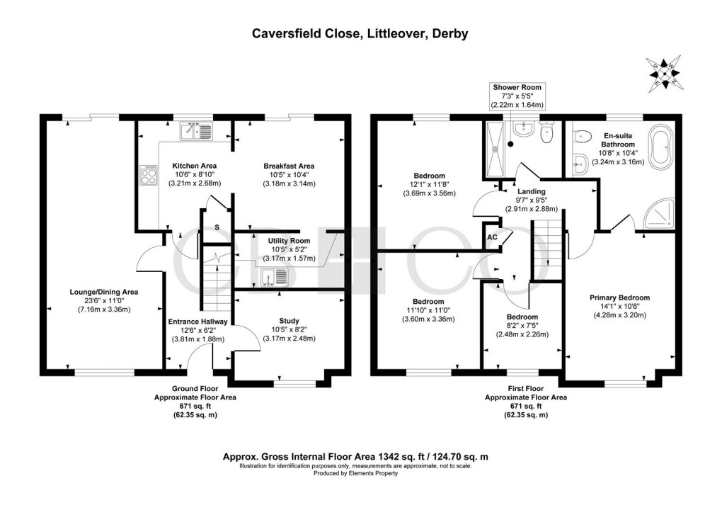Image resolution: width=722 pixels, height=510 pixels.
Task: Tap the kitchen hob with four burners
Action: pos(148,175)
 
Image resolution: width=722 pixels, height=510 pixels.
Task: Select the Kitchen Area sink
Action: pos(196,131)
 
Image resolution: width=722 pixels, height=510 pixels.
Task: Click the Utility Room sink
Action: pos(274,278)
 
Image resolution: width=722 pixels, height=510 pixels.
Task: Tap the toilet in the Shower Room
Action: pos(546,132)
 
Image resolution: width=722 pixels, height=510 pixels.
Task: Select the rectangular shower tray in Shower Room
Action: pos(495,149)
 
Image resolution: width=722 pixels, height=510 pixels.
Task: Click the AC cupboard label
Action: pos(492,237)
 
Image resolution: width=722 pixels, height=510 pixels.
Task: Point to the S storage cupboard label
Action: pos(217,227)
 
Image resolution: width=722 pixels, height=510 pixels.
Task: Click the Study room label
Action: pos(290,321)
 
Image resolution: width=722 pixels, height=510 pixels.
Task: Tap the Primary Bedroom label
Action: pos(620,297)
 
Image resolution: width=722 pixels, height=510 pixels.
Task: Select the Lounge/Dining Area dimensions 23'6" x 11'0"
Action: pos(104,300)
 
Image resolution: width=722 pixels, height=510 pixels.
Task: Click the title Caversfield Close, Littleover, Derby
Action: pos(360,33)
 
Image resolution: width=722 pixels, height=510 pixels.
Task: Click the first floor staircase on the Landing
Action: pos(547,250)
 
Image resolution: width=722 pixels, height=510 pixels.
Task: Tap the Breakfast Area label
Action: pos(290,166)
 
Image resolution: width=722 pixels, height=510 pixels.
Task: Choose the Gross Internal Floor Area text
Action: pos(355,457)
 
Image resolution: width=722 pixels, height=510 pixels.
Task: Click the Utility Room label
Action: pos(290,241)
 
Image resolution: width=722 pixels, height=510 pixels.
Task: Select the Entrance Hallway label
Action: pos(198,322)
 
